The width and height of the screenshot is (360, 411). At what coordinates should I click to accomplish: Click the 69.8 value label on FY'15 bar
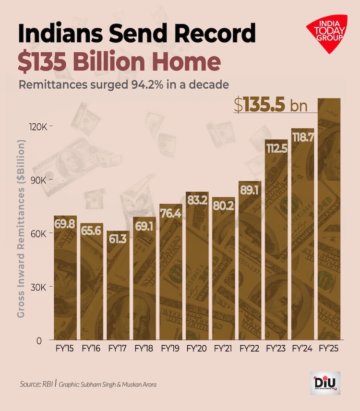(x=65, y=224)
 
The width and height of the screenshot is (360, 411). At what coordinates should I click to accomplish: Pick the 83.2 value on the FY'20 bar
(x=197, y=200)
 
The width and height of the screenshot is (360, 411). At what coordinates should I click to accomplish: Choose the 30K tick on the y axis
(x=39, y=287)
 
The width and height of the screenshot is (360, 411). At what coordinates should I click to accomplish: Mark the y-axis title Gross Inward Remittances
(x=22, y=229)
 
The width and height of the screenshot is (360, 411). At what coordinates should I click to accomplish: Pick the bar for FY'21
(x=223, y=269)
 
